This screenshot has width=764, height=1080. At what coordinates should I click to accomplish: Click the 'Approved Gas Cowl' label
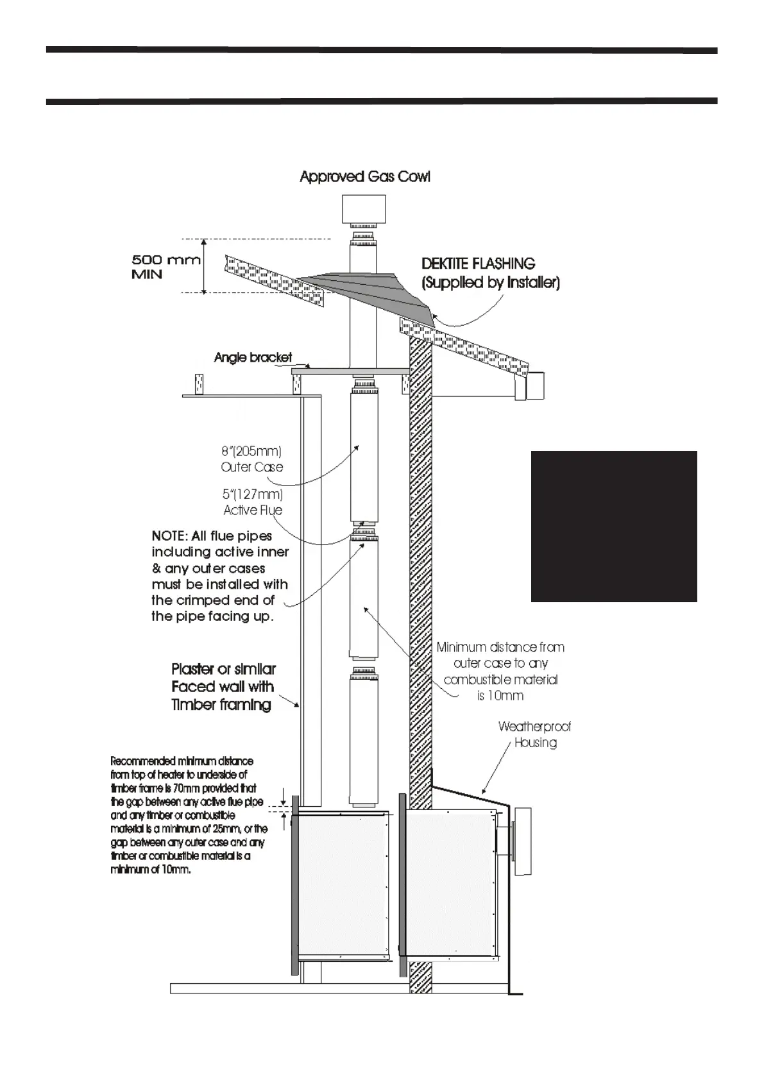(x=364, y=177)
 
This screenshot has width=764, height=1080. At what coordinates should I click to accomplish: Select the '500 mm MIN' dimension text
(x=165, y=267)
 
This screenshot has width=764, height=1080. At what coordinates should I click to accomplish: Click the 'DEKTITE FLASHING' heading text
(x=478, y=264)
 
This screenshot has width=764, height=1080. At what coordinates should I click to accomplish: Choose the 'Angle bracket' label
(x=253, y=357)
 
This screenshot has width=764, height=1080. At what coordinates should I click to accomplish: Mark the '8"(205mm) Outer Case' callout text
(x=251, y=459)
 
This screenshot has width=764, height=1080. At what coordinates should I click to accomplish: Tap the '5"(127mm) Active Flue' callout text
(x=253, y=502)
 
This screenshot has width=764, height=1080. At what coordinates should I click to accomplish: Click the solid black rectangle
(x=613, y=526)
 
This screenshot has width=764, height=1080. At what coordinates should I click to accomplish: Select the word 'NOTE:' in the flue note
(x=169, y=536)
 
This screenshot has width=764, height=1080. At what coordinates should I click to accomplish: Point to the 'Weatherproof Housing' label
(x=534, y=734)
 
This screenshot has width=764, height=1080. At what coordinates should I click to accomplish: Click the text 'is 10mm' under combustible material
(x=500, y=696)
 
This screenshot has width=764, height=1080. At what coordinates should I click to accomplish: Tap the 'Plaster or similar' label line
(x=223, y=669)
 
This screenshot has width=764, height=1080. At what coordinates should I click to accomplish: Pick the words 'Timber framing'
(x=221, y=705)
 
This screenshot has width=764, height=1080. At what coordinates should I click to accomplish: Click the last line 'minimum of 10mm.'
(x=151, y=870)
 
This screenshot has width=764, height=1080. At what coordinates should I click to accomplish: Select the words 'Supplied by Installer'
(x=491, y=283)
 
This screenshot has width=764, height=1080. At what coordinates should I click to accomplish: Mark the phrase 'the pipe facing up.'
(x=212, y=616)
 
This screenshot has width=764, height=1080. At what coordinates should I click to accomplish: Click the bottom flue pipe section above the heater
(x=363, y=734)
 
